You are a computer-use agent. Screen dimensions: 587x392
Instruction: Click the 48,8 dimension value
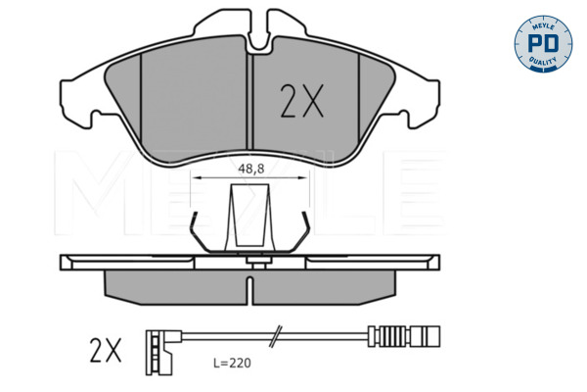(x=251, y=169)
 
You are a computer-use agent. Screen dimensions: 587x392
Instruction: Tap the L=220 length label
(x=232, y=364)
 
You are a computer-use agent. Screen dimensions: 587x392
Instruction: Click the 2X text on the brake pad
(x=301, y=101)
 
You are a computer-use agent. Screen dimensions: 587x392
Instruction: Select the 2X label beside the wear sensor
(x=106, y=352)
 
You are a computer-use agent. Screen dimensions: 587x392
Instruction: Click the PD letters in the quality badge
(x=543, y=44)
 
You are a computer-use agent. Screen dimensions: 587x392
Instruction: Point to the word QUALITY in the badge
(x=543, y=61)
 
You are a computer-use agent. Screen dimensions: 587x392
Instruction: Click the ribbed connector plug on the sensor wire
(x=403, y=336)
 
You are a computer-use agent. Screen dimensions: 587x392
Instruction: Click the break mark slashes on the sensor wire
(x=275, y=336)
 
